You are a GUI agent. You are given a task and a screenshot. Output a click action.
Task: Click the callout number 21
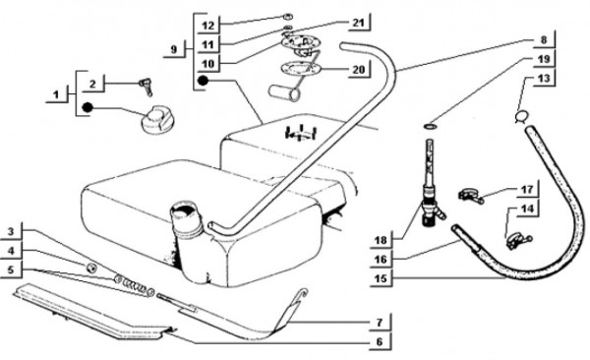pyautogui.click(x=358, y=23)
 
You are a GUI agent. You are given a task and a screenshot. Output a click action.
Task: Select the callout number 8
pyautogui.click(x=544, y=39)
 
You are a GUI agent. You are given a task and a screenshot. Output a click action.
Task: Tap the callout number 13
pyautogui.click(x=544, y=79)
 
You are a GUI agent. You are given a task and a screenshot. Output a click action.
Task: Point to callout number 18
pyautogui.click(x=381, y=240)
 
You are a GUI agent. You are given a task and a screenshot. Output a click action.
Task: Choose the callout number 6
pyautogui.click(x=380, y=341)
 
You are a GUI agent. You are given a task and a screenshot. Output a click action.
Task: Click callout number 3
pyautogui.click(x=11, y=231)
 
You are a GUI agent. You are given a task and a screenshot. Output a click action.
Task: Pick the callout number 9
pyautogui.click(x=173, y=49)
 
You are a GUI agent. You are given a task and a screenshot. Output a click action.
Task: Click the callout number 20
pyautogui.click(x=359, y=69)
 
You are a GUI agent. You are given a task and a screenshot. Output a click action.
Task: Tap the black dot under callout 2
pyautogui.click(x=88, y=107)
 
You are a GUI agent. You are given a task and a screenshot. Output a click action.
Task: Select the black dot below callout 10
pyautogui.click(x=203, y=81)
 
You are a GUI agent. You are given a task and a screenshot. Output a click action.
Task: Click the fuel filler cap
pyautogui.click(x=155, y=119)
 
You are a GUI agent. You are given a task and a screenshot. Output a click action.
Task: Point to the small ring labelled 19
pyautogui.click(x=430, y=126)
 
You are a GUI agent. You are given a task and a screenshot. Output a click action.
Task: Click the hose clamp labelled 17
pyautogui.click(x=470, y=196)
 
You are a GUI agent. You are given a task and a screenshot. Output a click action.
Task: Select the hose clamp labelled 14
pyautogui.click(x=517, y=241)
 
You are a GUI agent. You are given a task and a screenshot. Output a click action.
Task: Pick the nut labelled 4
pyautogui.click(x=91, y=268)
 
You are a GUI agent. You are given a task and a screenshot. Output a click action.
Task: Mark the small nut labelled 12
pyautogui.click(x=288, y=17)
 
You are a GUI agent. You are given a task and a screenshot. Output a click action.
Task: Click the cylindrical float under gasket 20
pyautogui.click(x=284, y=93)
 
